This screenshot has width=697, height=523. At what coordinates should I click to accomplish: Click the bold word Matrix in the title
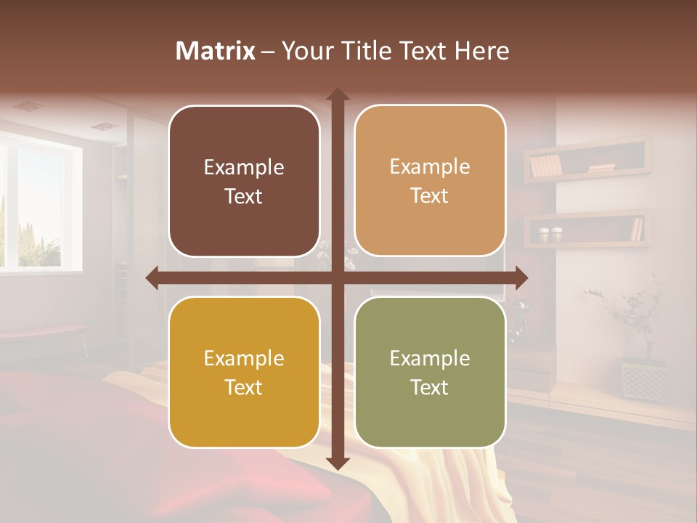click(x=216, y=51)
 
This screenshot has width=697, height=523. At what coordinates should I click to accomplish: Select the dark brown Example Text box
click(x=244, y=181)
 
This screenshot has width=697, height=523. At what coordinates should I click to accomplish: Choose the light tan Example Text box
click(x=430, y=181)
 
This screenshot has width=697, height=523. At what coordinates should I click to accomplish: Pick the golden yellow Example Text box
click(x=244, y=372)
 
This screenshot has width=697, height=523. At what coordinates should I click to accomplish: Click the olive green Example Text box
click(x=430, y=372)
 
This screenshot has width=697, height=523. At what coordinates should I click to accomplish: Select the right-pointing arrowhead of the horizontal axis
click(x=521, y=277)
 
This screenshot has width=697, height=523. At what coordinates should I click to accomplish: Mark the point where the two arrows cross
click(x=337, y=277)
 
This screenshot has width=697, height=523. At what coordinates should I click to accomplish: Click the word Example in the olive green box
click(x=430, y=358)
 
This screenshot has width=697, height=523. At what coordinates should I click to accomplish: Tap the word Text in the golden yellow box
click(x=244, y=387)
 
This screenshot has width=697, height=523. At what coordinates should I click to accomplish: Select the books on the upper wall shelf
click(x=546, y=166)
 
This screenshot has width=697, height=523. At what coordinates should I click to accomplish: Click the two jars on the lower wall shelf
click(x=550, y=235)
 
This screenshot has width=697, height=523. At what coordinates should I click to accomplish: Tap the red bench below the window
click(x=44, y=332)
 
